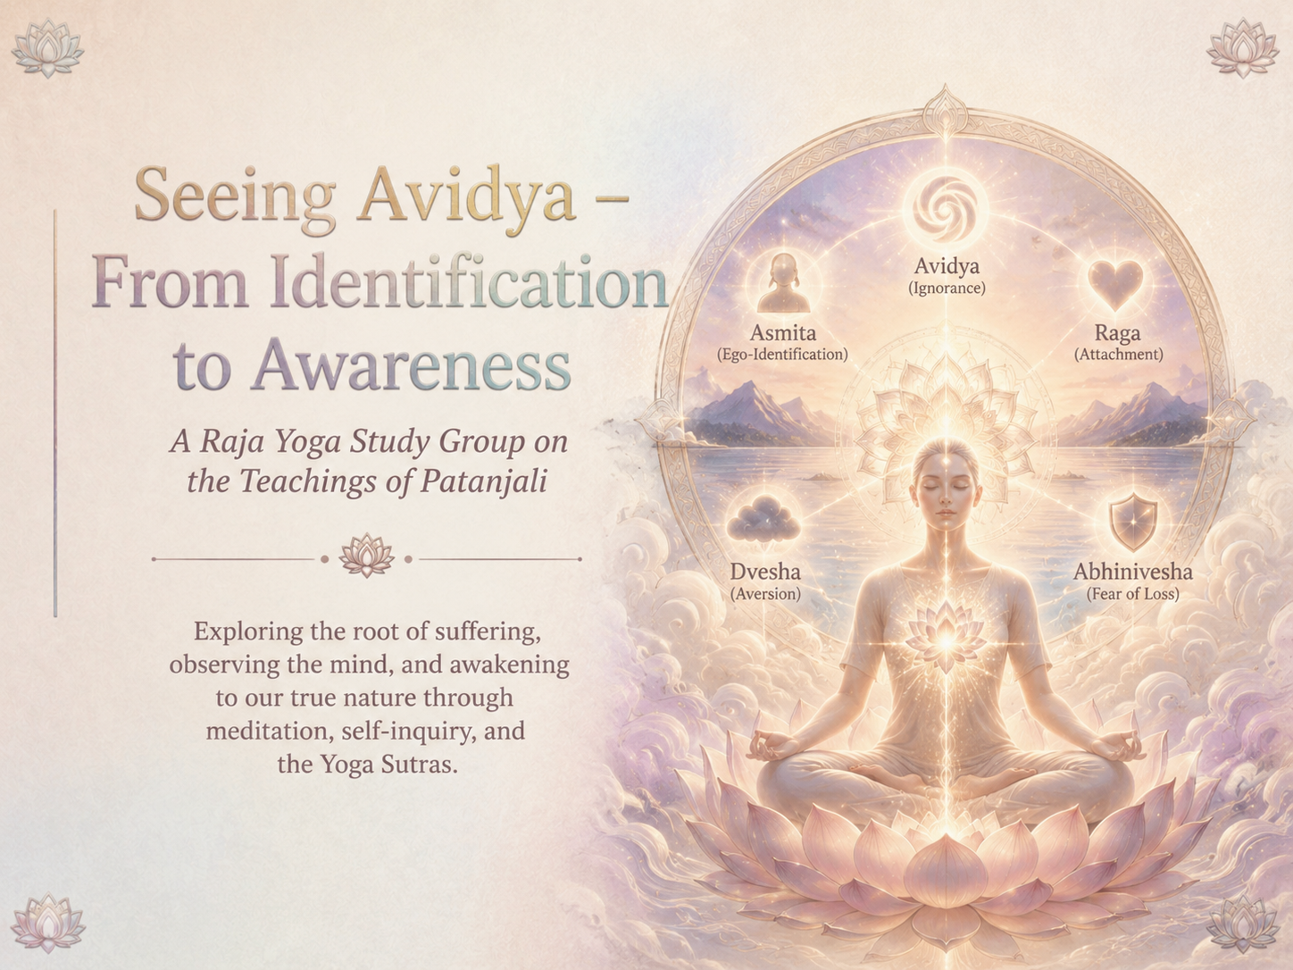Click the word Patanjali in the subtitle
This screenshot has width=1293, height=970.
(x=484, y=482)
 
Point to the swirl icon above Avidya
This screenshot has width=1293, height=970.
(x=947, y=209)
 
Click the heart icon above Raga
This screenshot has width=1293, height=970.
(x=1115, y=284)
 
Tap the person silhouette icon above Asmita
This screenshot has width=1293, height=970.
(x=783, y=283)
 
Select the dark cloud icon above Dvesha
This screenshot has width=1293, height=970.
(x=764, y=519)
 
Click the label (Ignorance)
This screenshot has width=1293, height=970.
(x=947, y=288)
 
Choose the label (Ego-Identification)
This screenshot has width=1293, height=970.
(x=782, y=355)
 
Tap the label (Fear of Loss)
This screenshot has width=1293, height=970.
(x=1133, y=594)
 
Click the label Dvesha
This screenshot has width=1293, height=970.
(x=765, y=572)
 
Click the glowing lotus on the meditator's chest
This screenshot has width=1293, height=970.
(x=946, y=637)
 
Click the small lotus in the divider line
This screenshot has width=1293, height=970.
(x=366, y=556)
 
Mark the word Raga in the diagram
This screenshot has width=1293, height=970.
(x=1117, y=333)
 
